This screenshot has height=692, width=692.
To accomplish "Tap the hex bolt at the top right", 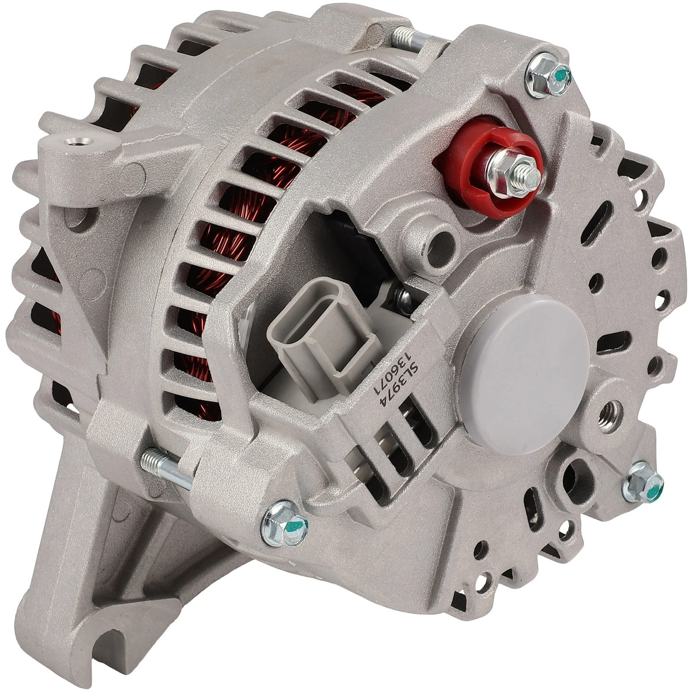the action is pyautogui.click(x=548, y=76).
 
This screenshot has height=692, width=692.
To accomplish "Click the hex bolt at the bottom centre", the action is pyautogui.click(x=284, y=529).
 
